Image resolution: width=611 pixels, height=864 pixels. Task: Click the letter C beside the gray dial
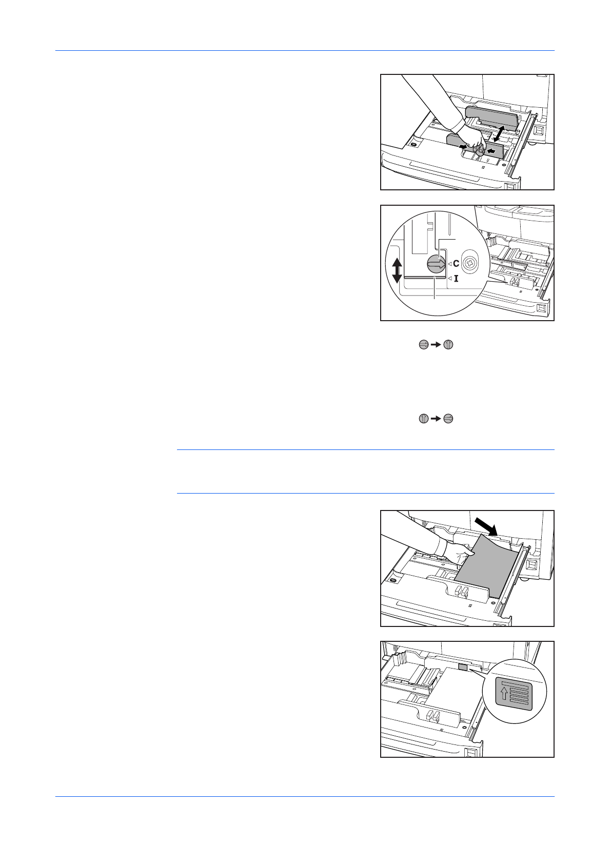[x=456, y=264]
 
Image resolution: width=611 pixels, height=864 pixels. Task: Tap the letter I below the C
[x=456, y=279]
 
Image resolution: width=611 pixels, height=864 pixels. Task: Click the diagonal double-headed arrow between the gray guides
[x=498, y=133]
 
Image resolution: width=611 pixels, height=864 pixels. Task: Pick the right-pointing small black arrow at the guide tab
[x=464, y=148]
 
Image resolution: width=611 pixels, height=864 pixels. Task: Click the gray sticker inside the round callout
[x=515, y=693]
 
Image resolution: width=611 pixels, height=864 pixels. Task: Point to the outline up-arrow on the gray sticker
[x=504, y=693]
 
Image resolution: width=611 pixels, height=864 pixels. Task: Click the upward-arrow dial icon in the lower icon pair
[x=423, y=418]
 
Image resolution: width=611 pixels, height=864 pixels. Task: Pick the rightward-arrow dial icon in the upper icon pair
[x=423, y=345]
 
